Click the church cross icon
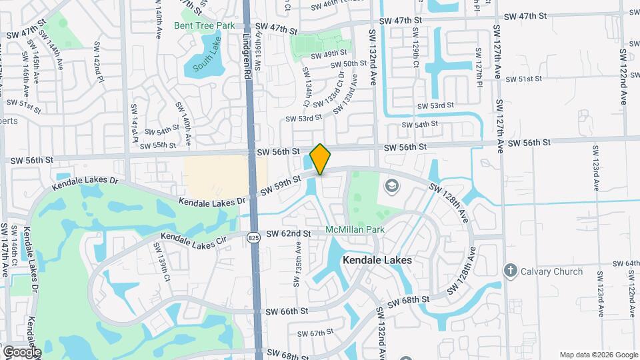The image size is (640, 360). pos(511,270)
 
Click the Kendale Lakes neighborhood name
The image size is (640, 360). pos(377,260)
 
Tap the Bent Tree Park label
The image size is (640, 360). pos(205,25)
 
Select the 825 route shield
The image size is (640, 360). pos(253,237)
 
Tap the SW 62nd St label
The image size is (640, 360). pos(289,234)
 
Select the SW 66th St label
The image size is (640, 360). pos(287,311)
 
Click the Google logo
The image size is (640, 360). pos(21,351)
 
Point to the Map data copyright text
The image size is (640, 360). pos(598,355)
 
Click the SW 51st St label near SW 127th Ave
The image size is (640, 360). pos(524,79)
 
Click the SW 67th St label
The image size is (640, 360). pos(315,333)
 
